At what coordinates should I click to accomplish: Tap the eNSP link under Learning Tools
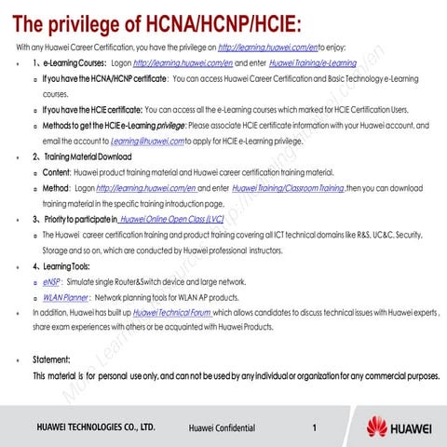coord(52,280)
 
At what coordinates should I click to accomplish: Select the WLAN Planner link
coord(65,296)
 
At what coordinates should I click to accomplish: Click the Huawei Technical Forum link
coord(172,313)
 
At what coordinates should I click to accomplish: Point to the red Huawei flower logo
coord(378,427)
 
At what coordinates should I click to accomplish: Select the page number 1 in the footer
coord(316,427)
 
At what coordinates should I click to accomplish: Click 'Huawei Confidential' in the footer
coord(222,428)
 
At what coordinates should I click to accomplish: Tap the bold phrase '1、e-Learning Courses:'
coord(72,62)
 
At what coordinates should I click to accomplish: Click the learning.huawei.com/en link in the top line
coord(266,47)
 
